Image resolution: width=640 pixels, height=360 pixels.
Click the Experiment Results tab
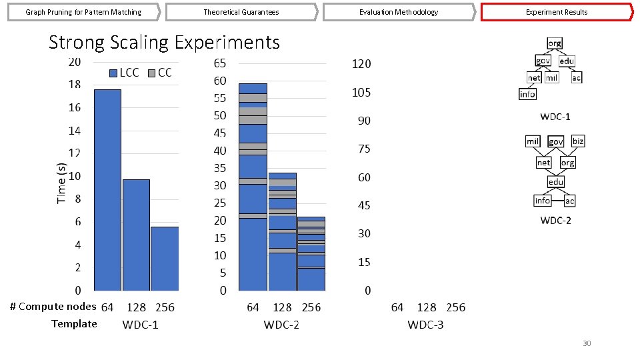point(556,12)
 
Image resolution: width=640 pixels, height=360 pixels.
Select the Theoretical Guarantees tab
point(241,12)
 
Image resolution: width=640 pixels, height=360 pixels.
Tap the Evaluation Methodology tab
point(399,12)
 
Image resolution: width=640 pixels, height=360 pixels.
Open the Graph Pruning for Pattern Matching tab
point(83,12)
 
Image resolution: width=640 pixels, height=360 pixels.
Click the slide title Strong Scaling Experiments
point(164,43)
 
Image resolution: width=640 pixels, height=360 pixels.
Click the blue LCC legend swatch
point(113,73)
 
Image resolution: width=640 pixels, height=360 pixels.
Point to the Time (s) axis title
point(61,183)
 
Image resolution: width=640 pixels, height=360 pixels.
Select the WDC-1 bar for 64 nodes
point(107,190)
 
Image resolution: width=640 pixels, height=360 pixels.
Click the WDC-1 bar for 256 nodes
point(165,259)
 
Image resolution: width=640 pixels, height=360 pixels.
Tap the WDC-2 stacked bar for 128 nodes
point(282,232)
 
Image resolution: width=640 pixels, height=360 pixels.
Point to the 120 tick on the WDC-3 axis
point(361,65)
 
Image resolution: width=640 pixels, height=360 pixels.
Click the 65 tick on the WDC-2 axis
point(219,63)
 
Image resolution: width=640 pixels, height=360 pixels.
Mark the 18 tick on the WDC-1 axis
point(73,85)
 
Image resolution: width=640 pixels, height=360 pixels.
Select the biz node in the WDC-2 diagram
point(577,141)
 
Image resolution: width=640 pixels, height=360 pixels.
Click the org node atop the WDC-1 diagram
point(554,44)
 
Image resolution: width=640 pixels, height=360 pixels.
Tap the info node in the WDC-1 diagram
point(527,94)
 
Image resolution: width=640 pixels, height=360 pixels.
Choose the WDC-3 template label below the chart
point(425,325)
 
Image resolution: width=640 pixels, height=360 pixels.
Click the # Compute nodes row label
point(53,307)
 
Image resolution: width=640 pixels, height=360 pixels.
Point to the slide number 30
point(587,343)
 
